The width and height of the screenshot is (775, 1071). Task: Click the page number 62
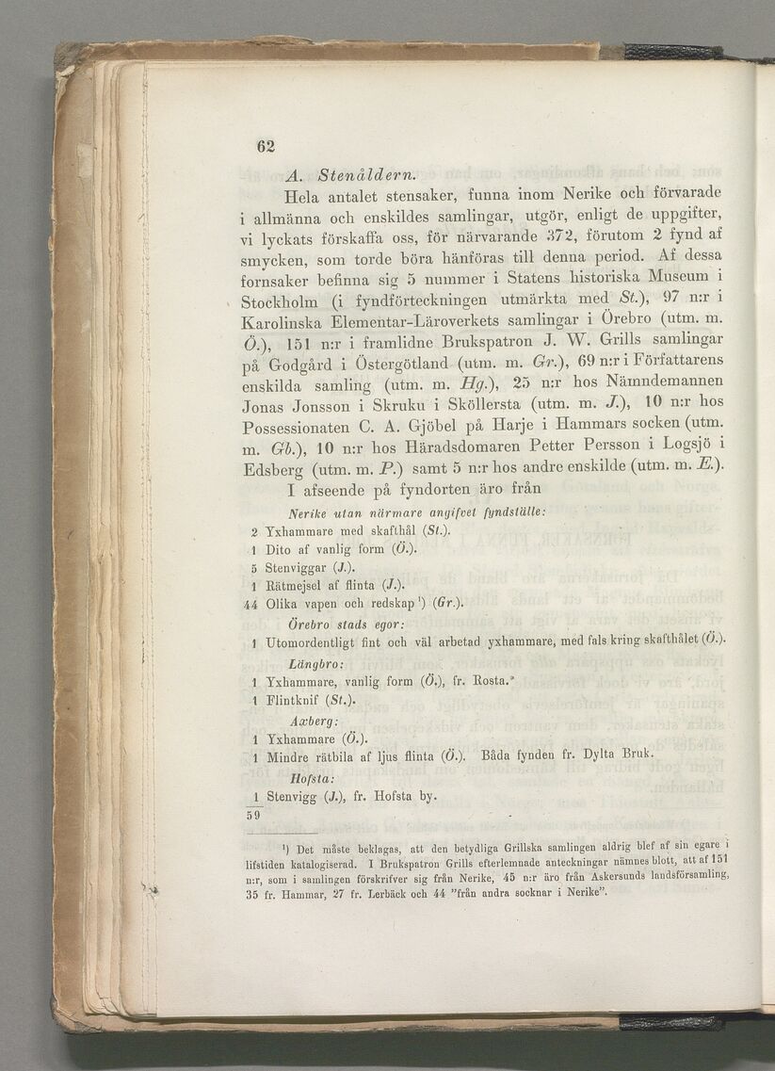265,146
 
